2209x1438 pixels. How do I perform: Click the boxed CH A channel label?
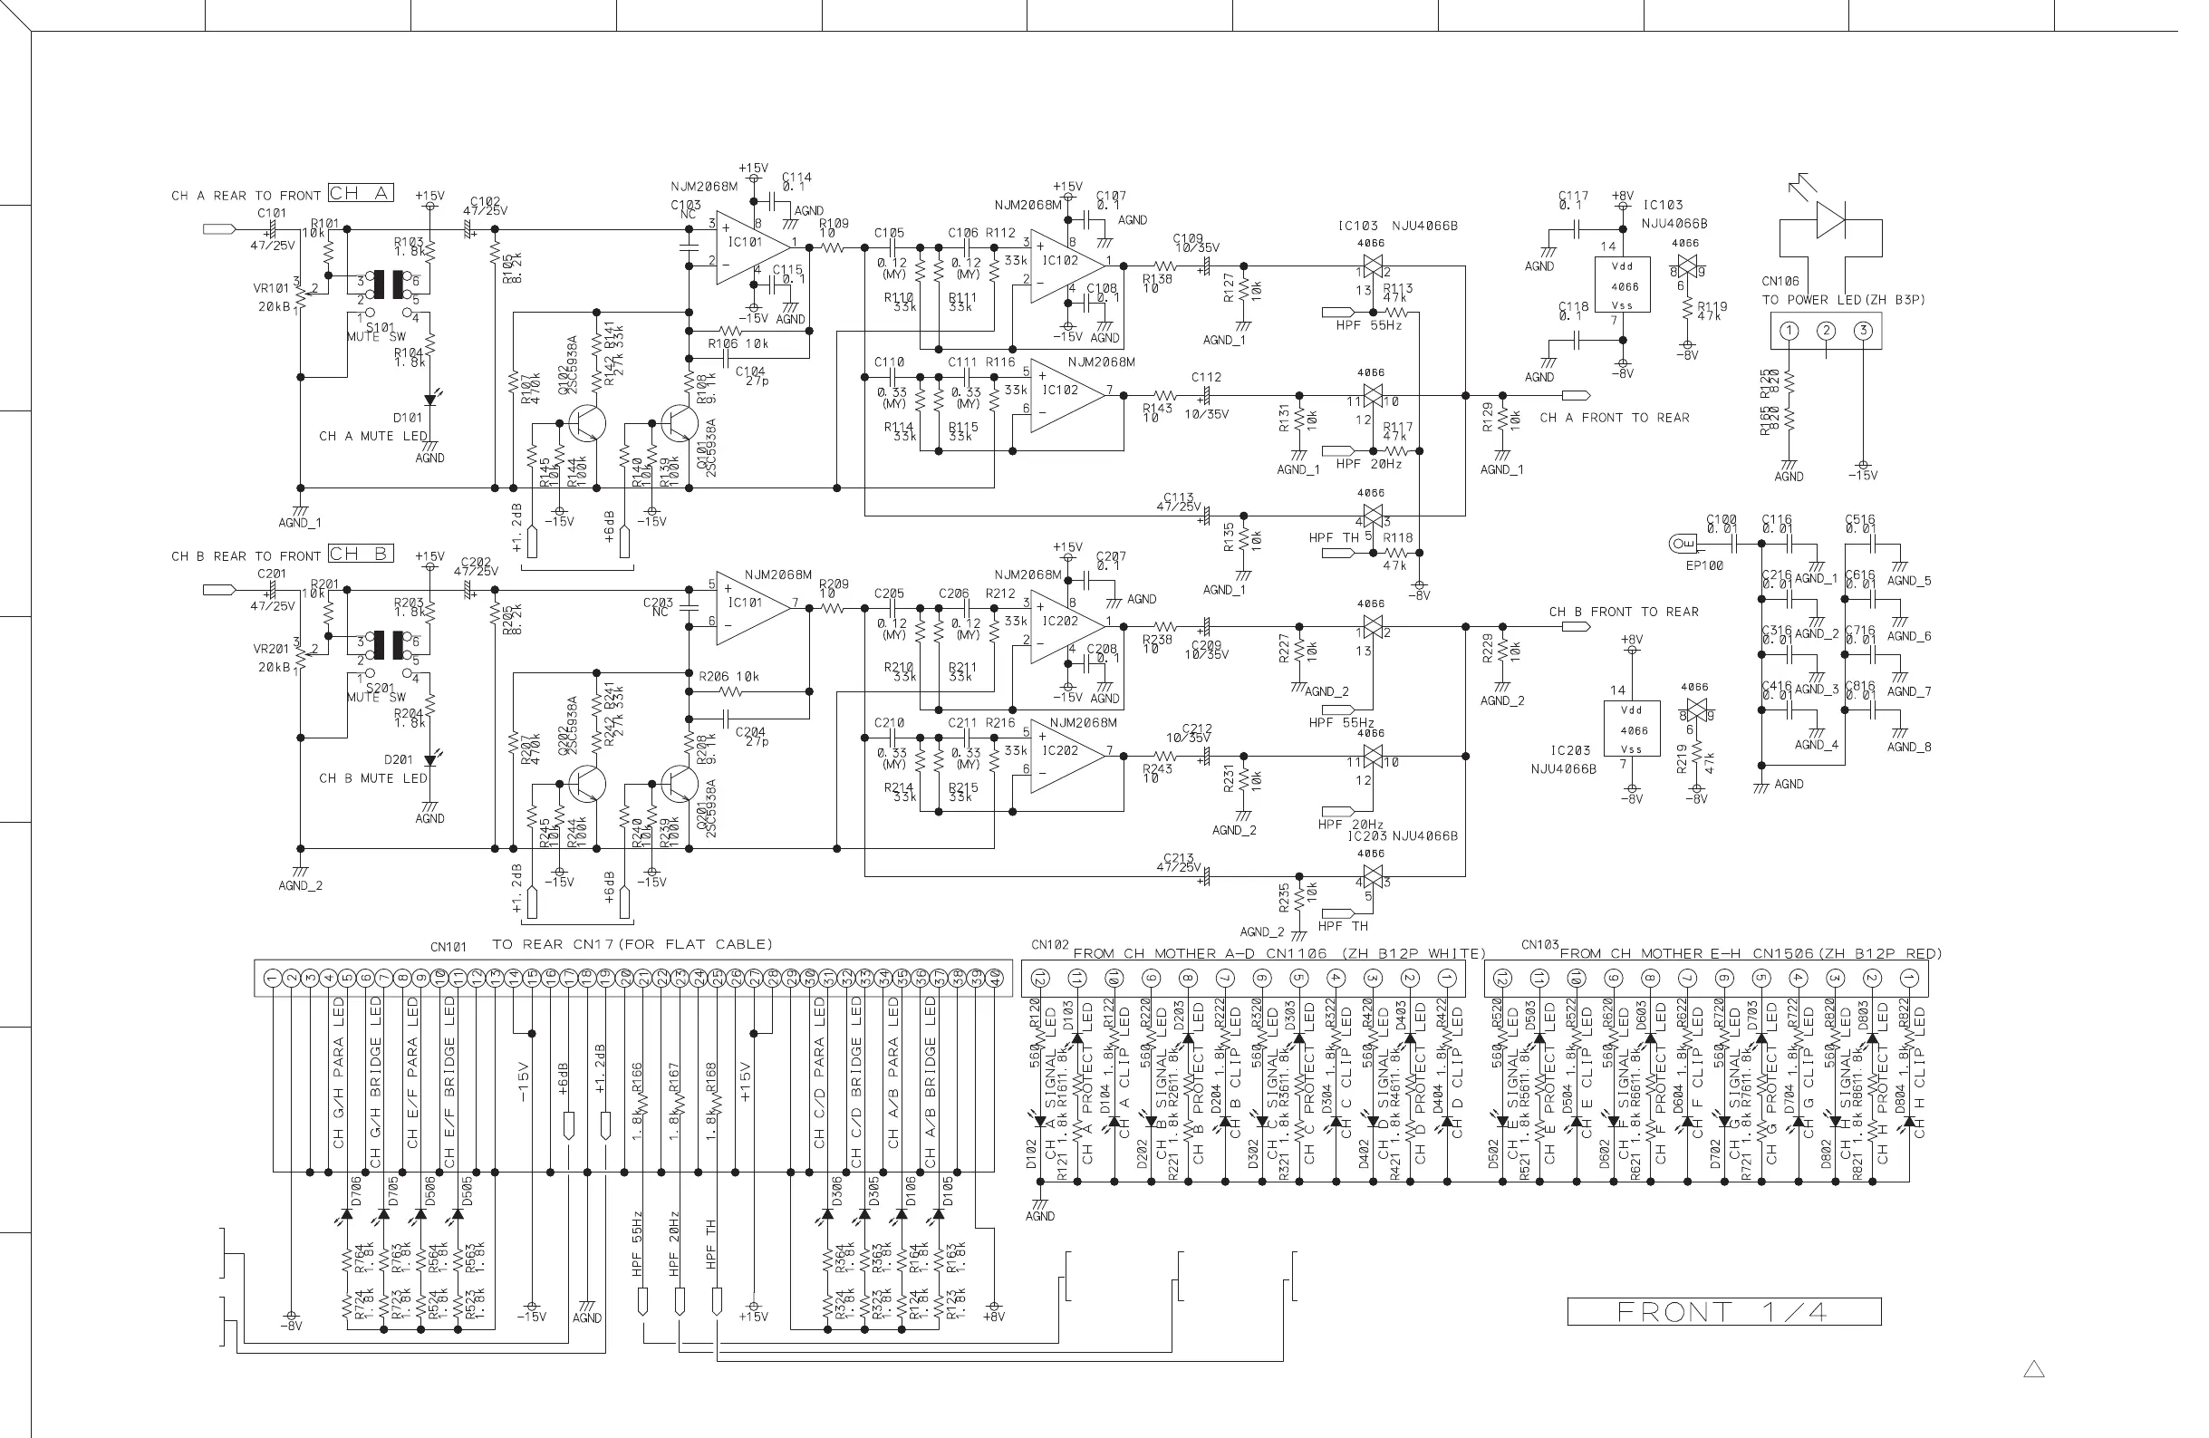360,193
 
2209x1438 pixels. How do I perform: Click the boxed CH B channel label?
360,554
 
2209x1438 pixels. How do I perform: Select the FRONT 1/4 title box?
1723,1311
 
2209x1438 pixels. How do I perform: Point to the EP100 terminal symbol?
1682,543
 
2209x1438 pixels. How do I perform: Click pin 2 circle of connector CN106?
1826,332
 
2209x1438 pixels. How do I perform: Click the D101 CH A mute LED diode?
429,400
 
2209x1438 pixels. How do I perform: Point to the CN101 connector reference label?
449,947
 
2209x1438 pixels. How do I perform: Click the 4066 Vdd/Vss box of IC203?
1631,730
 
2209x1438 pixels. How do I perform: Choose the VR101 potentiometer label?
271,288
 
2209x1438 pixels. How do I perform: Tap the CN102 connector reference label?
1050,945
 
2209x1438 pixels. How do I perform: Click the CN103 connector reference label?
1539,945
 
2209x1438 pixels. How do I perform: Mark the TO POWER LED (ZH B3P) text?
1843,300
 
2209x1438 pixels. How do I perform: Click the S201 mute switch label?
381,688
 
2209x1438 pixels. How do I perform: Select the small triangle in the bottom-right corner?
2033,1369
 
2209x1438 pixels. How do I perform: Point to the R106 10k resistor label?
738,343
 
